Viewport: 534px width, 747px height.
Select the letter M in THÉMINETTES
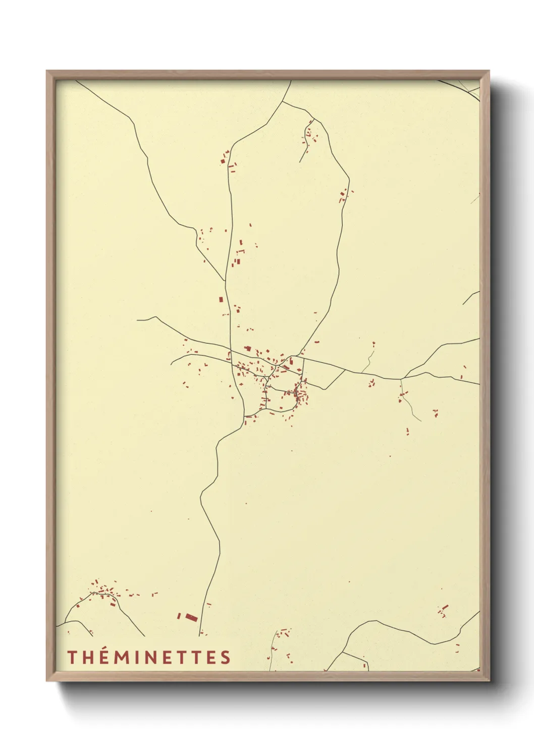click(x=121, y=658)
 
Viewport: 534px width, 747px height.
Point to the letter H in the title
click(x=86, y=658)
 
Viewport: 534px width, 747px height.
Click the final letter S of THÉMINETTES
click(x=226, y=658)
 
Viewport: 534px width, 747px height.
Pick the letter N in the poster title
click(x=150, y=658)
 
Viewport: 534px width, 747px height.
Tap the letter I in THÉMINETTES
click(x=136, y=658)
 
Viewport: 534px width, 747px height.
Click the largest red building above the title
click(x=191, y=617)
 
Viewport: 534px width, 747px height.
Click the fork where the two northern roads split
click(x=282, y=101)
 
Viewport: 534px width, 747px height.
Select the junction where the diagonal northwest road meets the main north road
click(x=225, y=281)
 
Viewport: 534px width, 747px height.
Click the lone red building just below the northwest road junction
click(x=221, y=300)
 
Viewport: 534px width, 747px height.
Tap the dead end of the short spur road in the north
click(x=300, y=162)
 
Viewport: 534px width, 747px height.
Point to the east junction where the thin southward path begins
click(x=401, y=379)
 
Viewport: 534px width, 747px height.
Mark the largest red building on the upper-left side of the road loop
click(x=223, y=161)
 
